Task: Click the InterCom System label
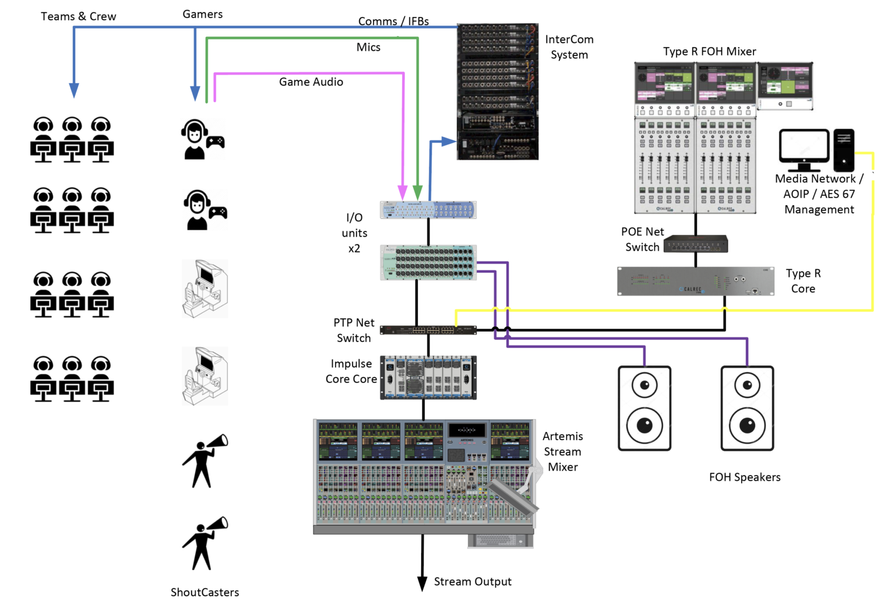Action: (x=569, y=47)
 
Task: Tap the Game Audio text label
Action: (x=311, y=82)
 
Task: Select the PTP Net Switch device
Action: (x=428, y=330)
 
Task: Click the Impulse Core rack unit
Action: (x=428, y=378)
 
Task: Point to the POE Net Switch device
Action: (x=696, y=244)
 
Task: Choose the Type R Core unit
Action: (x=696, y=281)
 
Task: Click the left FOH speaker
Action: (x=644, y=408)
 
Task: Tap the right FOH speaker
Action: (x=747, y=408)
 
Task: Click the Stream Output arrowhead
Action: (x=422, y=584)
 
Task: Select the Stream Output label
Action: (x=473, y=582)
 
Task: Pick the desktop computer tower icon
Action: (x=844, y=150)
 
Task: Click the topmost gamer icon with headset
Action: (x=202, y=140)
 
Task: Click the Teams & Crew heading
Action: (x=78, y=16)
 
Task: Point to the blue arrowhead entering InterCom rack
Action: (x=448, y=141)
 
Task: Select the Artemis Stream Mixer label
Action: (x=562, y=452)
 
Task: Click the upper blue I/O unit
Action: (x=428, y=210)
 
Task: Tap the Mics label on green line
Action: (x=368, y=47)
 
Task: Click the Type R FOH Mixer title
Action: (x=709, y=51)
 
